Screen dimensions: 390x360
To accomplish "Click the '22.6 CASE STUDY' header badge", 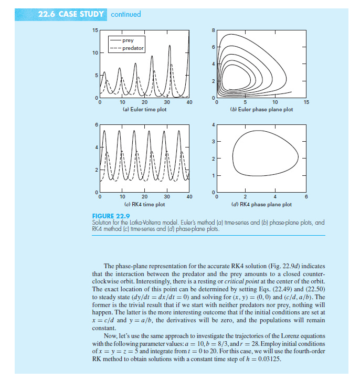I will click(x=71, y=14).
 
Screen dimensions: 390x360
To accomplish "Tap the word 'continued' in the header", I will click(x=125, y=14).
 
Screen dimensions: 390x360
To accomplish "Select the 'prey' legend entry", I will click(x=128, y=40).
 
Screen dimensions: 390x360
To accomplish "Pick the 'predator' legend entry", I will click(x=132, y=48).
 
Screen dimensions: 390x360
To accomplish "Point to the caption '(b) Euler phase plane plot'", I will click(x=261, y=110).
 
